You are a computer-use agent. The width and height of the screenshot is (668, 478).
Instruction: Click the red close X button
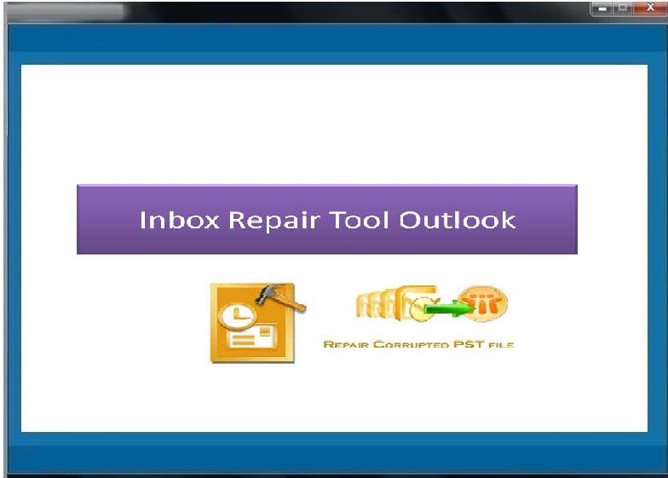pyautogui.click(x=649, y=7)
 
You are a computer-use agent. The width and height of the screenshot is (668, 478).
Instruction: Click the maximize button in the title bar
pyautogui.click(x=622, y=8)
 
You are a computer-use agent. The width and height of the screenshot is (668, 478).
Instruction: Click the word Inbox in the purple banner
pyautogui.click(x=179, y=220)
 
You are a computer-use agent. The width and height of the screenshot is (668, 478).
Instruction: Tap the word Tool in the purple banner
pyautogui.click(x=360, y=220)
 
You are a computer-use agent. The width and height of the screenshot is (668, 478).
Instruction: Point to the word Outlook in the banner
pyautogui.click(x=457, y=220)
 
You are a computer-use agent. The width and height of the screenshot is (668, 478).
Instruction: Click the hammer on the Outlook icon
pyautogui.click(x=280, y=297)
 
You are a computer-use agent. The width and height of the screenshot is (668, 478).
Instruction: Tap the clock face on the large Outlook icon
pyautogui.click(x=237, y=317)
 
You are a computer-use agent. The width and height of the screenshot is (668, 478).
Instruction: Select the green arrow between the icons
pyautogui.click(x=448, y=308)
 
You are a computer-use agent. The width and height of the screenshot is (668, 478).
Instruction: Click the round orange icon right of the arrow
pyautogui.click(x=483, y=303)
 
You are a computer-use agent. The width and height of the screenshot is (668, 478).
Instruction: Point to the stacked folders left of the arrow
pyautogui.click(x=393, y=303)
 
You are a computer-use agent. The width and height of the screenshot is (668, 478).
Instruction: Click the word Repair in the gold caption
pyautogui.click(x=347, y=344)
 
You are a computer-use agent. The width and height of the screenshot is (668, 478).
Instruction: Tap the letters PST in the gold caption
pyautogui.click(x=469, y=344)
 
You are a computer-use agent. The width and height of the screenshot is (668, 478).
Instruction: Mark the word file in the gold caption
pyautogui.click(x=501, y=344)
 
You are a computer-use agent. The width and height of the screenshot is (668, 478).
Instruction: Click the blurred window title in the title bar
pyautogui.click(x=66, y=12)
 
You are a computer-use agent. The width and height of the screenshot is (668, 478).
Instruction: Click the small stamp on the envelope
pyautogui.click(x=266, y=331)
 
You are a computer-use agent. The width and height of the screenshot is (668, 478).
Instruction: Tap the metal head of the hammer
pyautogui.click(x=269, y=293)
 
